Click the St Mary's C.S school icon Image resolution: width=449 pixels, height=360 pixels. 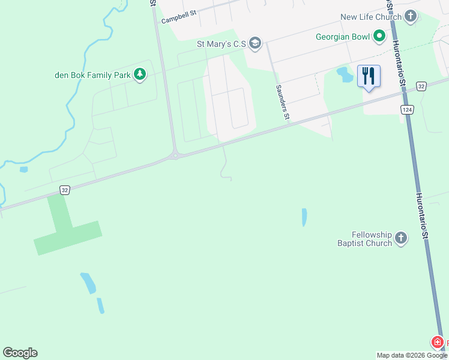pos(255,43)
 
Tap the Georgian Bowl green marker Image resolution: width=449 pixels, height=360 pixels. pos(379,37)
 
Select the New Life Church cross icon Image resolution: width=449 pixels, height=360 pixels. pos(411,17)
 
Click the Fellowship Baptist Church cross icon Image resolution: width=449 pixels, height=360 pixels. pos(401,238)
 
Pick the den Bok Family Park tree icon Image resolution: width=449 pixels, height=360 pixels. pos(139,75)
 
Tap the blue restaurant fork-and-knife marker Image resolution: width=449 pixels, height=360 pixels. pos(369,76)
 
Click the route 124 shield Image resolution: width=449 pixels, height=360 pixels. pos(408,110)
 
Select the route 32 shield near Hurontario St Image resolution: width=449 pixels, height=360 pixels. pos(421,86)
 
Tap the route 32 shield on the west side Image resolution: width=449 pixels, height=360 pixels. pos(65,190)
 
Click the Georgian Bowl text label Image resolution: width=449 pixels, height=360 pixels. pos(343,37)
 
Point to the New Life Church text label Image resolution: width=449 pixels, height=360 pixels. pos(370,17)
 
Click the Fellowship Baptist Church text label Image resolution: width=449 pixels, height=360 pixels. pos(364,238)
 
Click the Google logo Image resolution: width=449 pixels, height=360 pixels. pos(20,353)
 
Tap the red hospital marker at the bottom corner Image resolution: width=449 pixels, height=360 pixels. pos(438,343)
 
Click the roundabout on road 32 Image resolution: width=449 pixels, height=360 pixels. pos(175,155)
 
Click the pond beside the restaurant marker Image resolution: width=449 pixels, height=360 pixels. pos(345,74)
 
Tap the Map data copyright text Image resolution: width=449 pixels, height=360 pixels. pos(412,355)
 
